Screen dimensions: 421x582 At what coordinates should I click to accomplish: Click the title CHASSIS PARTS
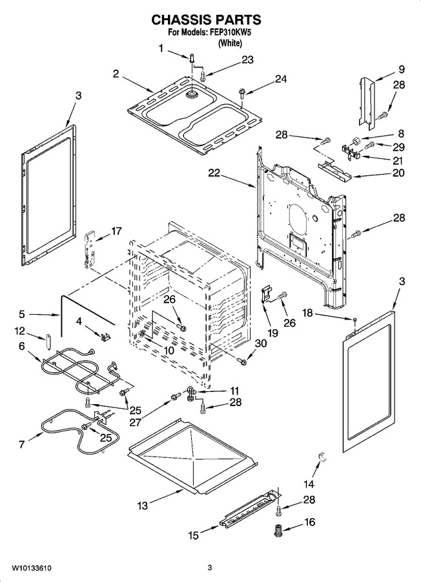pos(206,19)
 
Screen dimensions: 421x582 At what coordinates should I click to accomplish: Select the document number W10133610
pos(31,568)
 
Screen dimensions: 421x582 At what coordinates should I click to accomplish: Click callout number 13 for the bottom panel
pos(142,505)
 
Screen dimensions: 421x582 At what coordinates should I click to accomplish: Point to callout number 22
pos(214,173)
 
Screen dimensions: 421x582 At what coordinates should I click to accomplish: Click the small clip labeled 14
pos(322,457)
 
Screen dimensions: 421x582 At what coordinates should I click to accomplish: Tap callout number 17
pos(116,232)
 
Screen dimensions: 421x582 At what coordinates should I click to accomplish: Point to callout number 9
pos(402,69)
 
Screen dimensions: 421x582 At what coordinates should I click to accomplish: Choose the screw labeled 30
pos(243,360)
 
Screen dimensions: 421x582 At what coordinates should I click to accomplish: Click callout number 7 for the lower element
pos(21,444)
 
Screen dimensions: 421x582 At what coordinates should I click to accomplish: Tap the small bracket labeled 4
pos(105,337)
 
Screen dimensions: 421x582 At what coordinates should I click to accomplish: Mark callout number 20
pos(399,173)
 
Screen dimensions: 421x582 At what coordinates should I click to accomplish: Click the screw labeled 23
pos(203,76)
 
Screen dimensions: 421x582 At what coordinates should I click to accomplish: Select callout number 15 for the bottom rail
pos(194,535)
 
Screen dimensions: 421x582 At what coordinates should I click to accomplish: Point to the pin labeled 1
pos(192,58)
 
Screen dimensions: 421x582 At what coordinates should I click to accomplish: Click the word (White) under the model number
pos(230,43)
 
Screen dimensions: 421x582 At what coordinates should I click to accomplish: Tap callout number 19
pos(272,333)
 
